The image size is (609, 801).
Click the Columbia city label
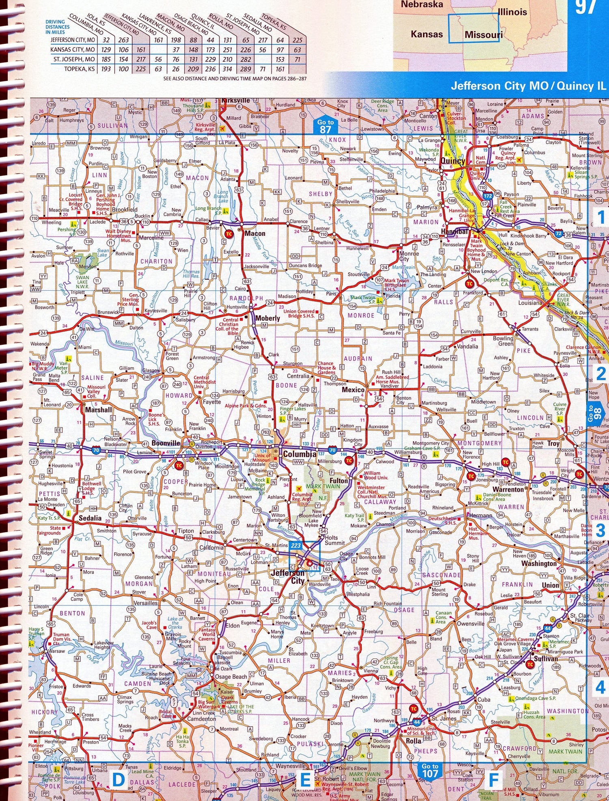click(299, 454)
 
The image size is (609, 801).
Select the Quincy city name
click(453, 161)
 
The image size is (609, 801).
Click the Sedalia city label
click(90, 518)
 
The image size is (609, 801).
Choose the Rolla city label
click(413, 741)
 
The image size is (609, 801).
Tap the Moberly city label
click(268, 318)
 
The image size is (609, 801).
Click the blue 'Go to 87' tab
click(325, 126)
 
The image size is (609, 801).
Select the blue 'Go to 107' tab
click(430, 770)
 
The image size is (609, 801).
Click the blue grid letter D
click(118, 780)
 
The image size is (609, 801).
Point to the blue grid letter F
click(493, 780)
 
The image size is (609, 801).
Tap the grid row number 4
click(600, 687)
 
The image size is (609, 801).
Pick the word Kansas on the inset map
click(427, 34)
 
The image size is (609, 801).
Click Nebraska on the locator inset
click(422, 4)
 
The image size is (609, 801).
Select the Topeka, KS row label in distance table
click(80, 69)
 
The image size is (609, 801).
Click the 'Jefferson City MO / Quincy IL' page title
click(528, 86)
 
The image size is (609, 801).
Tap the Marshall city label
click(98, 410)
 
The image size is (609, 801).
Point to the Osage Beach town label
click(231, 677)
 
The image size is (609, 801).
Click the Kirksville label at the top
click(235, 100)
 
